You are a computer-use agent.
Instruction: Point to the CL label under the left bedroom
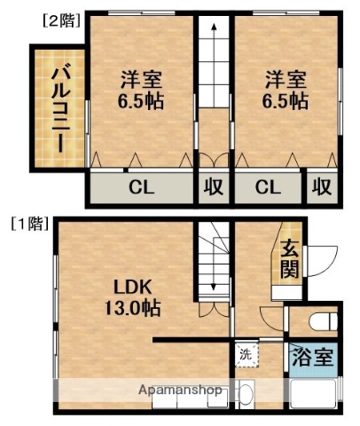[x=139, y=187]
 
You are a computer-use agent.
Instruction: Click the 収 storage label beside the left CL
[x=214, y=187]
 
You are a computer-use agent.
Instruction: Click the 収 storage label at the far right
[x=321, y=187]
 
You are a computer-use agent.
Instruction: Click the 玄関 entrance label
[x=289, y=257]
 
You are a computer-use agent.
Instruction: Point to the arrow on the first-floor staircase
[x=213, y=266]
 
